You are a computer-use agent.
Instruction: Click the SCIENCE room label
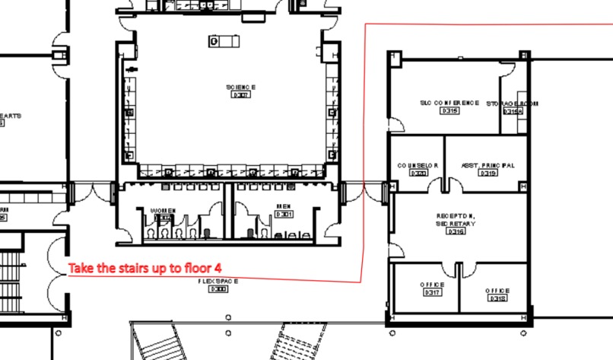(240, 88)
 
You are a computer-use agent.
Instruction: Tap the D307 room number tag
(240, 95)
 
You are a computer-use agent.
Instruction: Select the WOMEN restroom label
(163, 210)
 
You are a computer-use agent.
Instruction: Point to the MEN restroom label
(283, 206)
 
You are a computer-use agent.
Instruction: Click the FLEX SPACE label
(218, 281)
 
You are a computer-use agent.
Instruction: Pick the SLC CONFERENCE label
(449, 102)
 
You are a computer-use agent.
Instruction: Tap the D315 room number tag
(449, 110)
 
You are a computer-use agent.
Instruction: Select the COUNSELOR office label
(418, 165)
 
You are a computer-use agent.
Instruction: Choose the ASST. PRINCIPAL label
(488, 164)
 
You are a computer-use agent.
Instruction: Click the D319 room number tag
(488, 173)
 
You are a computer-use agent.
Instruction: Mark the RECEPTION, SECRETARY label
(456, 220)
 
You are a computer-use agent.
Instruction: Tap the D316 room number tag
(456, 232)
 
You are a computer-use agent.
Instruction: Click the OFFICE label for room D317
(432, 285)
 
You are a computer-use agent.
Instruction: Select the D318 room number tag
(497, 298)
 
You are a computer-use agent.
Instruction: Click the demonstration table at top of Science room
(224, 40)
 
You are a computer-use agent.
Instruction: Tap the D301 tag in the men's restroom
(284, 215)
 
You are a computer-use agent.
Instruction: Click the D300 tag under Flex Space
(218, 289)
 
